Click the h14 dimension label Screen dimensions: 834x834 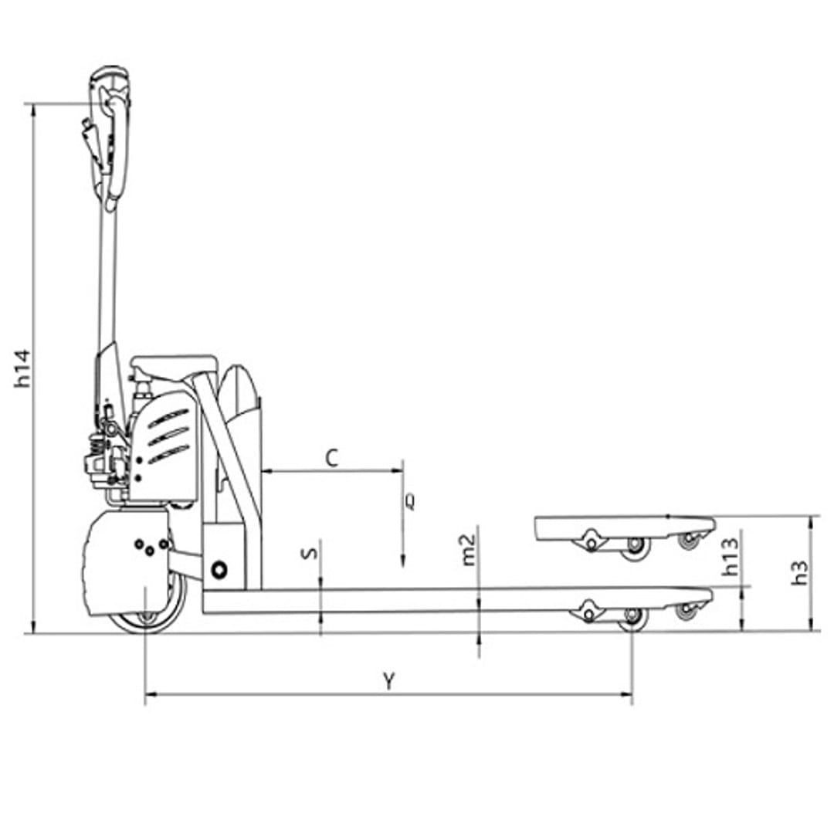pyautogui.click(x=23, y=368)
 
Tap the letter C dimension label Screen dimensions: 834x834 pyautogui.click(x=332, y=457)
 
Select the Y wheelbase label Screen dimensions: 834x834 pyautogui.click(x=389, y=681)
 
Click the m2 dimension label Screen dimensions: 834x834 pyautogui.click(x=468, y=549)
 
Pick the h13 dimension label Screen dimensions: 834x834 pyautogui.click(x=731, y=557)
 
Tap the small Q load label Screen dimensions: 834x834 pyautogui.click(x=410, y=502)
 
